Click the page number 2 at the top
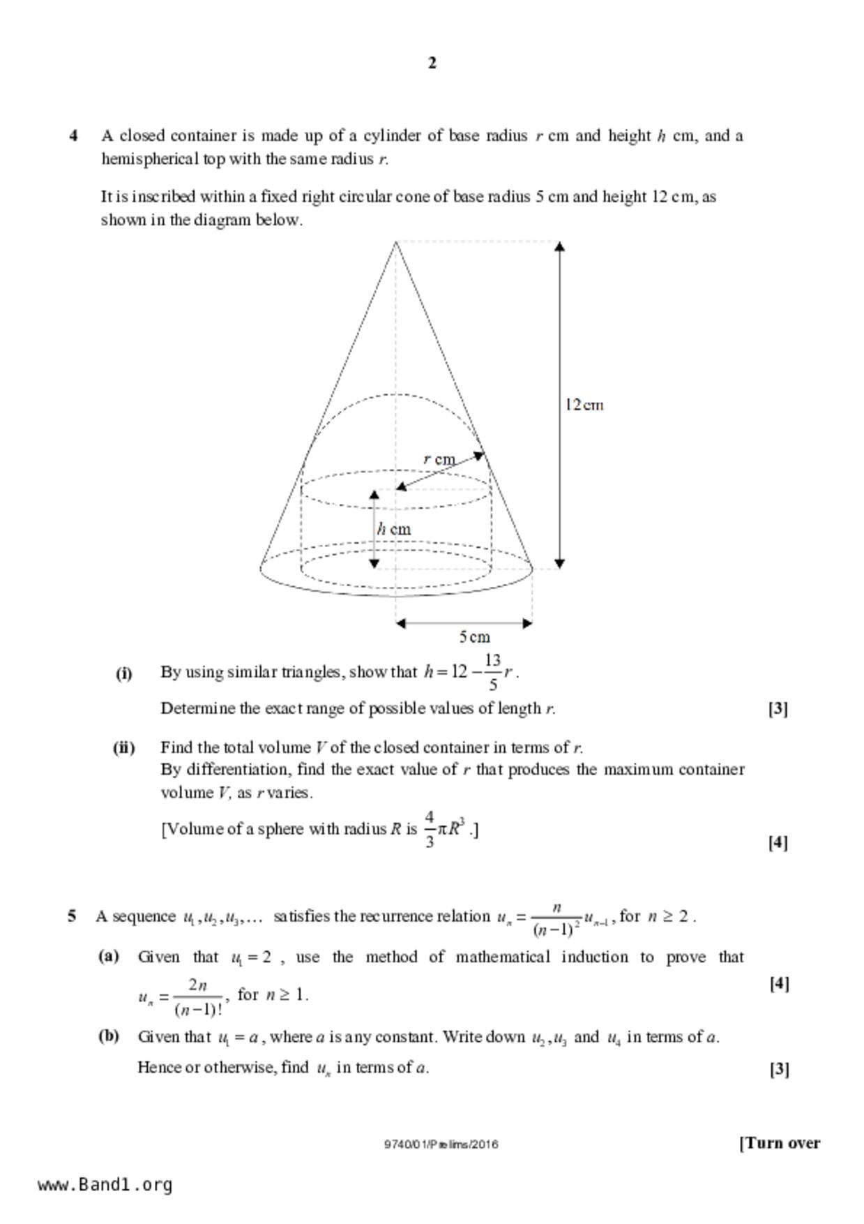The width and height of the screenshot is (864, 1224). pos(432,63)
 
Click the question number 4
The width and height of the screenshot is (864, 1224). pos(73,135)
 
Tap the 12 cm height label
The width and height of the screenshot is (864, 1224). pos(584,405)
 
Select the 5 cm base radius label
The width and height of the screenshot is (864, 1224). pos(474,636)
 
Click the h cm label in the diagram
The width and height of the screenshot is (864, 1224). pos(394,529)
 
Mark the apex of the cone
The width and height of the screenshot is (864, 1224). pos(396,241)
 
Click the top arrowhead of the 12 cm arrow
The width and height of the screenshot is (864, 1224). pos(559,246)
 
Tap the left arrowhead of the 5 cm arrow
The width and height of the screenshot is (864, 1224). pos(400,623)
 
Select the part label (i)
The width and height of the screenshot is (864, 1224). pos(123,673)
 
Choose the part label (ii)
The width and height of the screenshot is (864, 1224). pos(123,748)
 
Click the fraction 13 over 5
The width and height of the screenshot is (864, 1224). pos(492,672)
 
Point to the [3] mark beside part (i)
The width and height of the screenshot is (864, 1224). pos(778,709)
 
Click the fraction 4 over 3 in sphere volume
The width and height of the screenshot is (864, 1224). pos(430,829)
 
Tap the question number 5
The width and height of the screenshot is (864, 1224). pos(72,916)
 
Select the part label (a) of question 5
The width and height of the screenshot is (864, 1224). pos(108,956)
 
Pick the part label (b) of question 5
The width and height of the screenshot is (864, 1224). pos(108,1036)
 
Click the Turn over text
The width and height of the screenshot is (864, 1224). pos(780,1143)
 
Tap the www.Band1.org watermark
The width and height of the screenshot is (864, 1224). pos(105,1184)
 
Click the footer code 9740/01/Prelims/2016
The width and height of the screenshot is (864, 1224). pos(441,1144)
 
